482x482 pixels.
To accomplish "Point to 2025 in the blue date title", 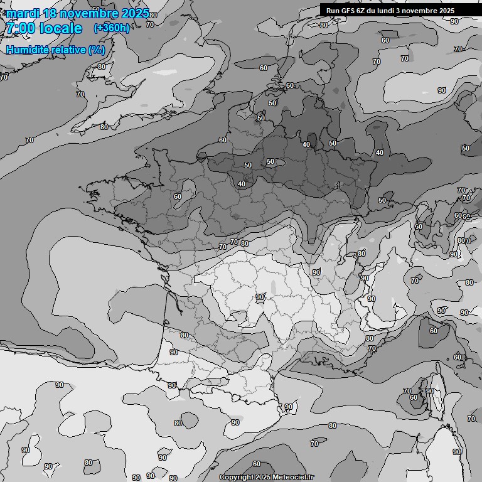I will pyautogui.click(x=136, y=14).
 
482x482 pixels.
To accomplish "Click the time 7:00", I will pyautogui.click(x=19, y=29).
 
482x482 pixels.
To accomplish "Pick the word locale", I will pyautogui.click(x=62, y=29).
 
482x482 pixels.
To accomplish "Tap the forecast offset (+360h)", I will pyautogui.click(x=112, y=28).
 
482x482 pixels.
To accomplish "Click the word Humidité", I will pyautogui.click(x=26, y=50).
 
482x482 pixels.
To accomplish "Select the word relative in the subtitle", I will pyautogui.click(x=67, y=50).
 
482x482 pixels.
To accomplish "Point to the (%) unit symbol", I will pyautogui.click(x=97, y=50).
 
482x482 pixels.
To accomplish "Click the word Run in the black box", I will pyautogui.click(x=333, y=11).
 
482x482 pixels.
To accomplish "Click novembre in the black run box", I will pyautogui.click(x=427, y=11).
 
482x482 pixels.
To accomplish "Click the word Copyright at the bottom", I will pyautogui.click(x=236, y=478).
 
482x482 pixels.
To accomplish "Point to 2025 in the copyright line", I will pyautogui.click(x=263, y=478).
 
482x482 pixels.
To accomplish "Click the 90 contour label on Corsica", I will pyautogui.click(x=430, y=391).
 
